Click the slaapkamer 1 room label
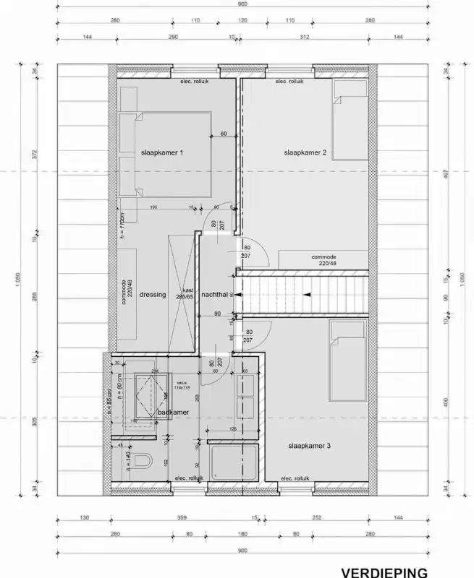click(x=162, y=153)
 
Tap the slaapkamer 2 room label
click(x=305, y=153)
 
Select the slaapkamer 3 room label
click(x=308, y=447)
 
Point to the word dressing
click(x=153, y=295)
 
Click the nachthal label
click(x=216, y=295)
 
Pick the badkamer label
click(x=174, y=413)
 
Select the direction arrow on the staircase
click(x=308, y=295)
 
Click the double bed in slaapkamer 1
click(x=165, y=153)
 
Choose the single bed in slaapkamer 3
click(x=348, y=361)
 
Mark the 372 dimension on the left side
click(x=34, y=154)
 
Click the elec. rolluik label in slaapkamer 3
click(x=295, y=478)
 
